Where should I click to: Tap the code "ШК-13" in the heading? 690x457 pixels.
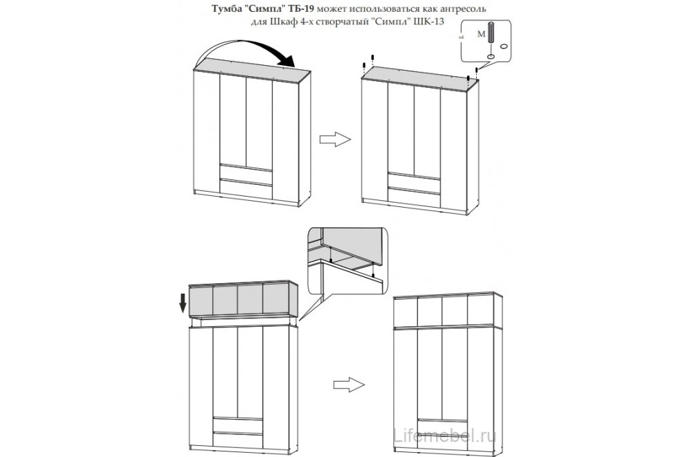(x=429, y=21)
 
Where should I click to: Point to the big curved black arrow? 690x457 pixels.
(x=246, y=44)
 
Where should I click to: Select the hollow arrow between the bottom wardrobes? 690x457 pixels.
(x=349, y=384)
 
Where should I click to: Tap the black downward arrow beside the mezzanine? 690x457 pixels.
(x=183, y=303)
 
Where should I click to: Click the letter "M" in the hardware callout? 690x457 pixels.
(x=482, y=34)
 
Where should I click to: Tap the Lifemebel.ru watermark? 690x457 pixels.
(x=444, y=436)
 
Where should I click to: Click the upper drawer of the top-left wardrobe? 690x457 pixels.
(x=246, y=172)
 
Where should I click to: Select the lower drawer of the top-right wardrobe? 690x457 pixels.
(x=414, y=197)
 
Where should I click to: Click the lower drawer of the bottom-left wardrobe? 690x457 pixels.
(x=237, y=440)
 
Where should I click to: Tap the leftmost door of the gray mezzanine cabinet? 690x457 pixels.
(x=201, y=301)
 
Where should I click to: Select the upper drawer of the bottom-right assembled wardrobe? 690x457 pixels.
(x=442, y=425)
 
